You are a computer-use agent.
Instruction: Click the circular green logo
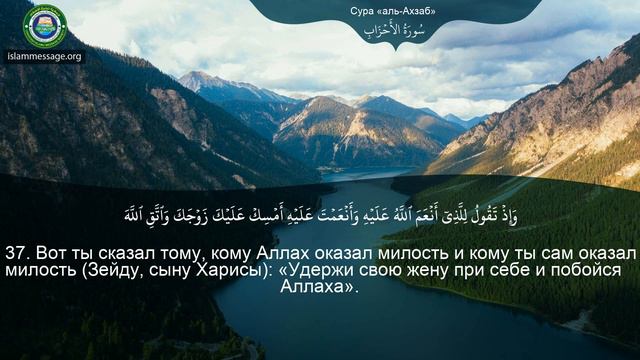point(44,26)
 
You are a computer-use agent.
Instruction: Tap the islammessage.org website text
point(44,57)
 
